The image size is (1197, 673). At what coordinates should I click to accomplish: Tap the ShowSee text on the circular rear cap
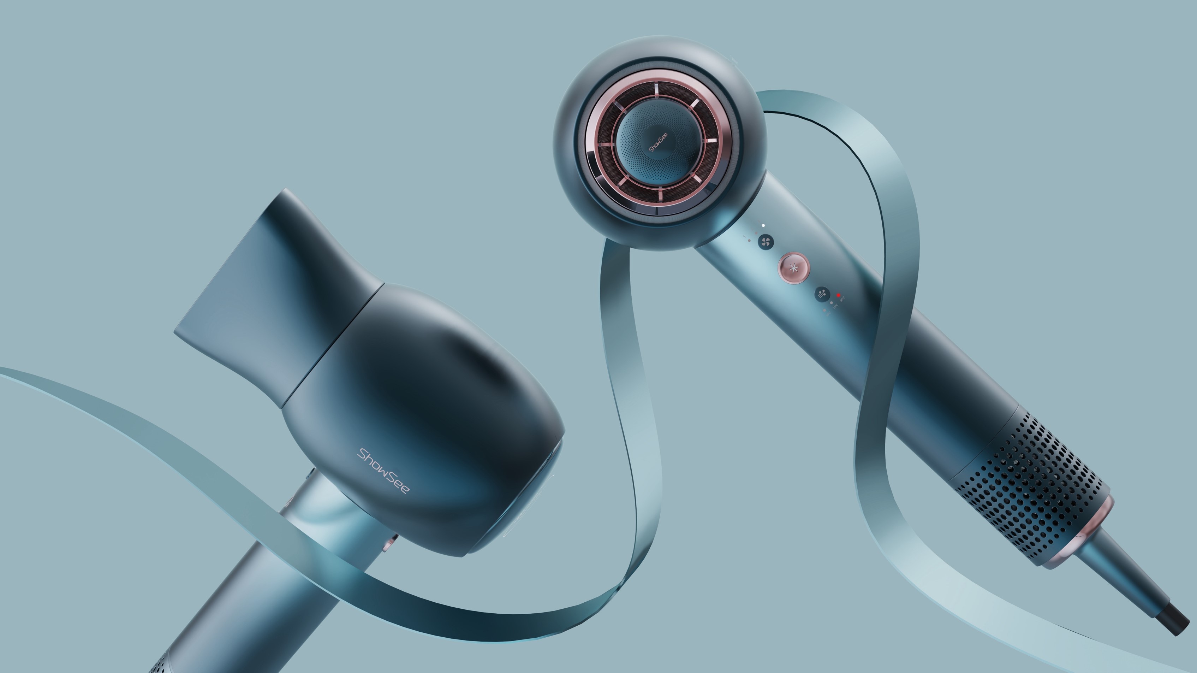tap(658, 142)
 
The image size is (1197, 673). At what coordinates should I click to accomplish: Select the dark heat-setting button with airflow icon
tap(822, 294)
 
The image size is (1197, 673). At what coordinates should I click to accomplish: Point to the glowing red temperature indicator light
tap(838, 295)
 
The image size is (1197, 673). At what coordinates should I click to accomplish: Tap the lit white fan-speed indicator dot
tap(763, 225)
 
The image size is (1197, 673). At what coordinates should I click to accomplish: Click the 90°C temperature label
tap(843, 299)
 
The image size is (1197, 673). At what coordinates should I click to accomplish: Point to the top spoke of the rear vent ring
tap(656, 91)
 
